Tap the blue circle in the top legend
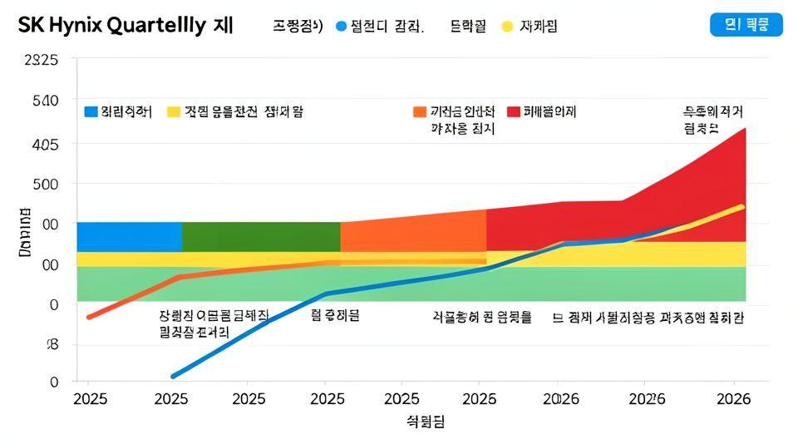(x=340, y=27)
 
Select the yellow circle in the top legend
(x=507, y=27)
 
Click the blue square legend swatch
(x=91, y=111)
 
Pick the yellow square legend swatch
(x=173, y=111)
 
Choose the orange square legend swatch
(x=419, y=111)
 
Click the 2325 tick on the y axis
(x=42, y=60)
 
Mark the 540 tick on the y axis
(x=45, y=101)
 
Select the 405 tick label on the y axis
(x=45, y=144)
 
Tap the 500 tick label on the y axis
(x=45, y=183)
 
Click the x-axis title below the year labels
(x=425, y=422)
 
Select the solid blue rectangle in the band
(x=129, y=236)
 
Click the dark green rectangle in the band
(x=260, y=236)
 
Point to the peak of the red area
(x=744, y=129)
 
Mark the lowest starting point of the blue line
(x=174, y=376)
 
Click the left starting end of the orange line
(x=89, y=317)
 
